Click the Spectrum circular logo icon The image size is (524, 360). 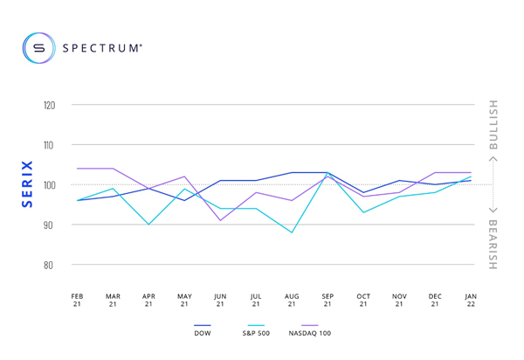click(38, 47)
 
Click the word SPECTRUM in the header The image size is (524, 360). click(100, 48)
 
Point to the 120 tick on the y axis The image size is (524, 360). click(49, 105)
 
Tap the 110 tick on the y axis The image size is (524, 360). click(49, 145)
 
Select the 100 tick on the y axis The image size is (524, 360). click(49, 185)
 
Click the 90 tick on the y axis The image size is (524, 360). click(50, 225)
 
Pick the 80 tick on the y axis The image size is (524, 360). click(50, 265)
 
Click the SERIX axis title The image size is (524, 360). click(27, 184)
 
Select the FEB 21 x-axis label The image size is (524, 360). click(77, 300)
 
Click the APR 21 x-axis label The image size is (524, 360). click(148, 300)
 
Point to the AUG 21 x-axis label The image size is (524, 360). click(292, 300)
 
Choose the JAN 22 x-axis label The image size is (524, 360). click(471, 300)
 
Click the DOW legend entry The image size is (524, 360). click(202, 333)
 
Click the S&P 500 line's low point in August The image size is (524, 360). click(292, 232)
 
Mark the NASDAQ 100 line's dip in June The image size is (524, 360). click(220, 220)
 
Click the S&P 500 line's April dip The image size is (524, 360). click(148, 225)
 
